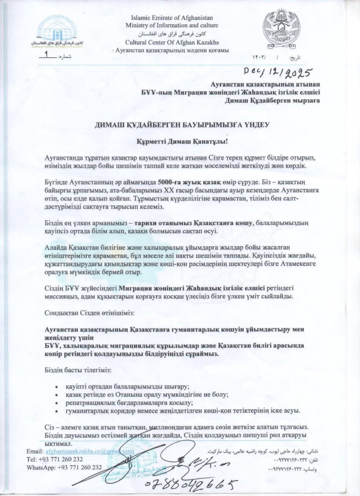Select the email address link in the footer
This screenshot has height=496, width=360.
click(90, 451)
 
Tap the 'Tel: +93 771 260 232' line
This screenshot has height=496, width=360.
click(55, 459)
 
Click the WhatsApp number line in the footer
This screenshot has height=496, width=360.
click(64, 467)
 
